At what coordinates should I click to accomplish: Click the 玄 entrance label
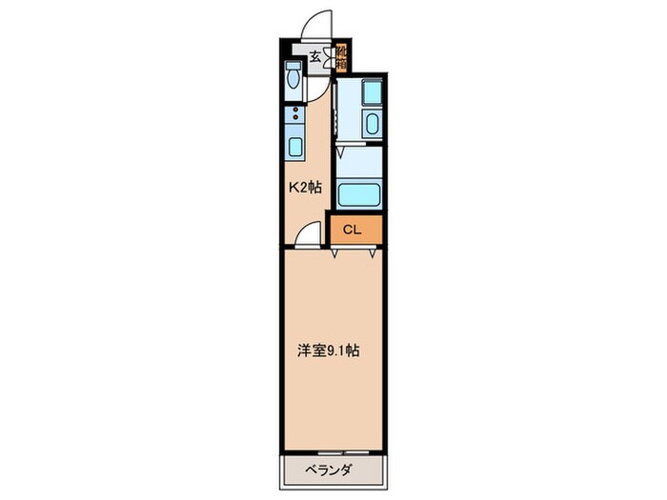point(314,54)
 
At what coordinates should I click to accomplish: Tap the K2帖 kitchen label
point(305,188)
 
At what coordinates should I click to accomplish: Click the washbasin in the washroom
point(372,123)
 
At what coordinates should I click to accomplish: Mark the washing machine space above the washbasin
point(371,92)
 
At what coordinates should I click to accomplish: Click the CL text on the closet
point(352,229)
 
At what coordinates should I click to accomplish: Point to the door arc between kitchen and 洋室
point(308,232)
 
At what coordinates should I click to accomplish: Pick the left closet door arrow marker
point(335,253)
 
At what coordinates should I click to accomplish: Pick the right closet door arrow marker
point(371,253)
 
